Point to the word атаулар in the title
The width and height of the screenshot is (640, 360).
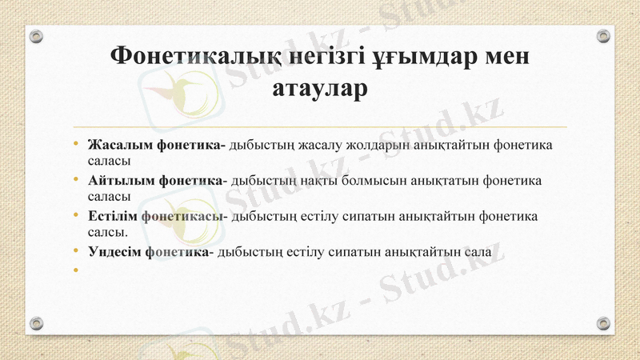click(x=320, y=87)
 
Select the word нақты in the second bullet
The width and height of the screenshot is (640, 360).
click(x=323, y=181)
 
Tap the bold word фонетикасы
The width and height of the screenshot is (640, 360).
click(x=183, y=216)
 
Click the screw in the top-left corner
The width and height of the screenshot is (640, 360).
click(x=36, y=36)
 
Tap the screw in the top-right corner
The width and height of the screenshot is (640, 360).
click(x=604, y=36)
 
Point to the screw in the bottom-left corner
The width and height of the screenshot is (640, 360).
click(x=36, y=323)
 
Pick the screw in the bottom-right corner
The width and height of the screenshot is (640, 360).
click(x=604, y=323)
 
